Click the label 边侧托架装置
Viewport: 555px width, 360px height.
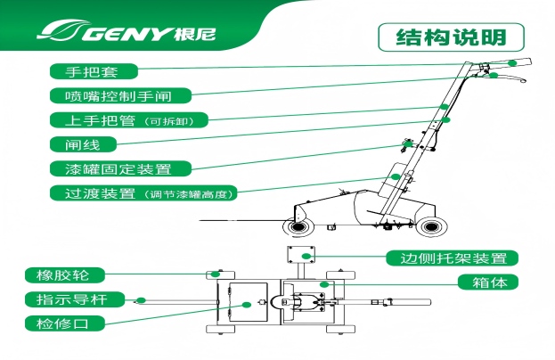[x=451, y=258]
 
